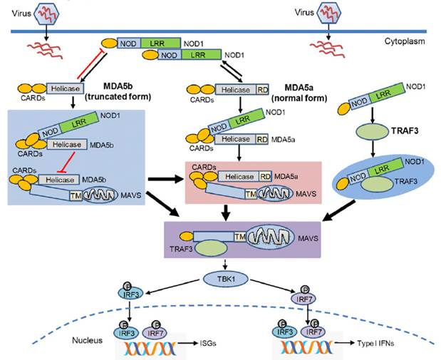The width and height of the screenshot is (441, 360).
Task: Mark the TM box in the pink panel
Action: tap(251, 192)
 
